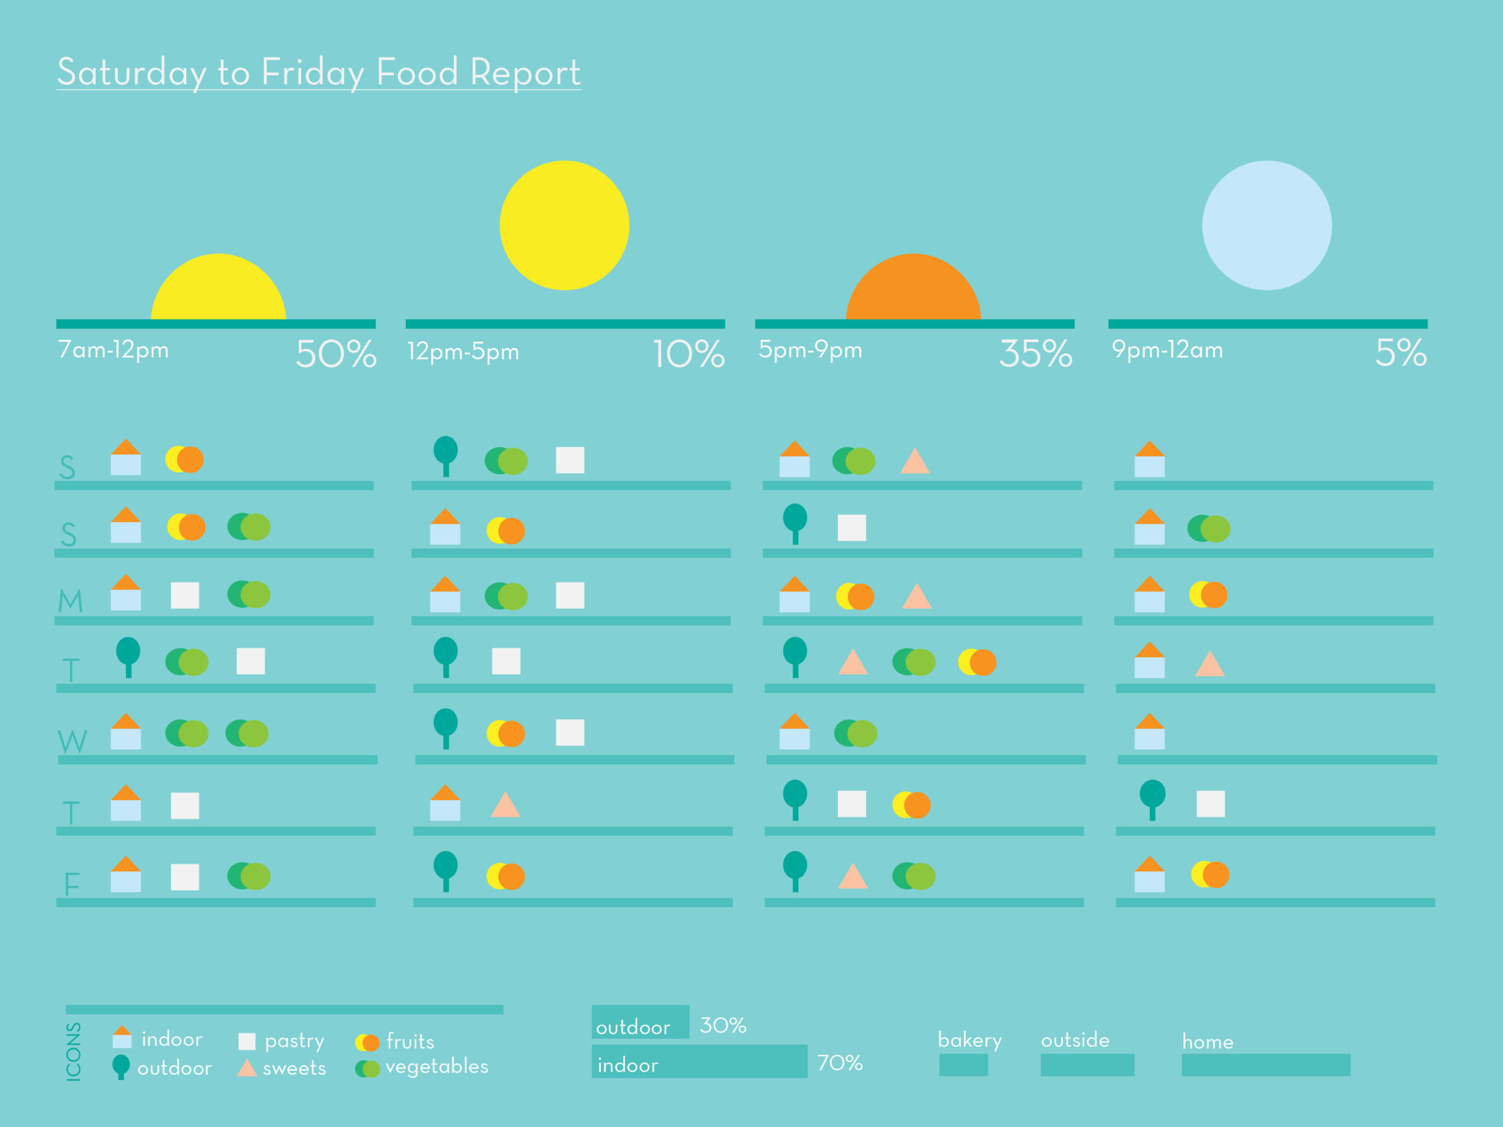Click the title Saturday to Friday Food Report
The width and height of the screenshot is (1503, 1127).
318,72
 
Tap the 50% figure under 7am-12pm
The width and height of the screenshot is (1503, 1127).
336,353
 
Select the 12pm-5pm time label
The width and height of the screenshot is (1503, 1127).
463,352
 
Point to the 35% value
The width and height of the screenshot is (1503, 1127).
1035,353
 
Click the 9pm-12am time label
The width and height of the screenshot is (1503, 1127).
1167,350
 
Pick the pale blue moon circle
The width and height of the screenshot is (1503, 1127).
1266,225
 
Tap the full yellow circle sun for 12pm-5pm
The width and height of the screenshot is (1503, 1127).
564,225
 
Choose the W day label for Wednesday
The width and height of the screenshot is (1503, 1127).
72,741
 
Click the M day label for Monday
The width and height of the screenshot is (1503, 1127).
70,601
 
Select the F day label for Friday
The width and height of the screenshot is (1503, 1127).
72,884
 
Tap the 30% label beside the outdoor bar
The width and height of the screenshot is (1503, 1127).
723,1025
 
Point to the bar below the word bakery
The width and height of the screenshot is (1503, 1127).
963,1065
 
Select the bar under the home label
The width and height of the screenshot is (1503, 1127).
1265,1065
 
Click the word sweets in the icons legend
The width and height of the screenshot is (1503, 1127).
294,1068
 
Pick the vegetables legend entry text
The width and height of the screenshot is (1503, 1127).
436,1067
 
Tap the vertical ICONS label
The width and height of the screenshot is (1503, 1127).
73,1051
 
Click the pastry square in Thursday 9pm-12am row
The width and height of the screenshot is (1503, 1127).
1210,804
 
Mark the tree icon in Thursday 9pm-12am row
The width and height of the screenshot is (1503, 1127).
1152,799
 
